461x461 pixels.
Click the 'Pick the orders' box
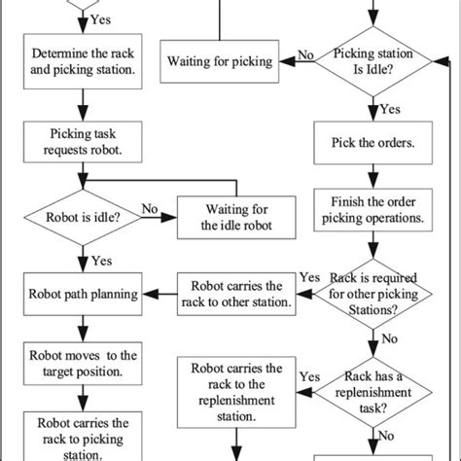[372, 142]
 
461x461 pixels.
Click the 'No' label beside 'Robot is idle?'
[151, 207]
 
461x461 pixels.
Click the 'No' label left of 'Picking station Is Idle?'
[304, 56]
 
